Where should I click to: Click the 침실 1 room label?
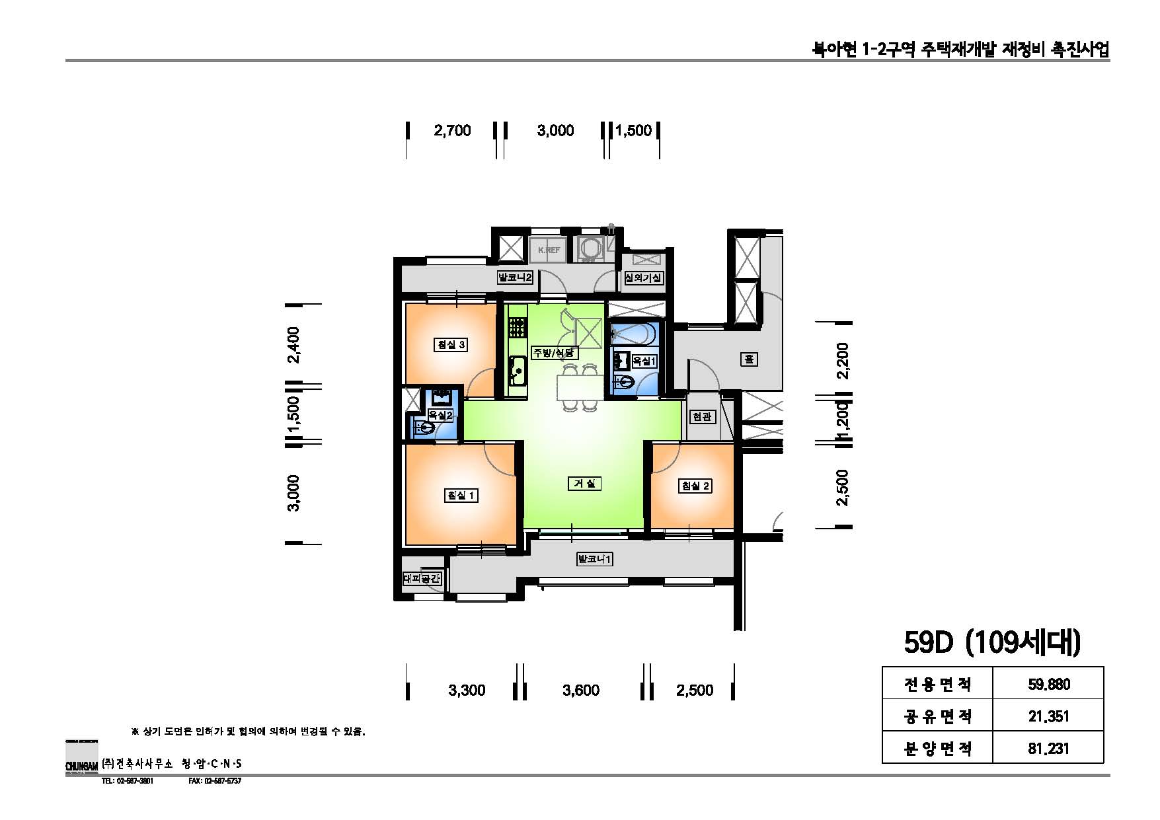coord(461,495)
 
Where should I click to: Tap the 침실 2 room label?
coord(695,486)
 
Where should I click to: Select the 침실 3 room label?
coord(451,344)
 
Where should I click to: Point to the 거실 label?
coord(584,484)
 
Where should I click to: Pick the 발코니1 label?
coord(595,560)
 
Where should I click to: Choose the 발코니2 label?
coord(516,278)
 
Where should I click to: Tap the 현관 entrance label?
coord(701,417)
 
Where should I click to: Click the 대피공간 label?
coord(422,579)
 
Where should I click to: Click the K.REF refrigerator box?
coord(549,250)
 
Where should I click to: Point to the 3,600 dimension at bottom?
coord(581,690)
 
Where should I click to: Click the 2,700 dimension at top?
coord(452,130)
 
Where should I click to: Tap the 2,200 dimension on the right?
coord(842,359)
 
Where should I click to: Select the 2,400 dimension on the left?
coord(293,345)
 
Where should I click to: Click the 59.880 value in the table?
coord(1048,684)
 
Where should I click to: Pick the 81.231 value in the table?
coord(1048,748)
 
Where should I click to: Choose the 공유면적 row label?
coord(937,716)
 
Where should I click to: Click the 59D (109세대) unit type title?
coord(991,643)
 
